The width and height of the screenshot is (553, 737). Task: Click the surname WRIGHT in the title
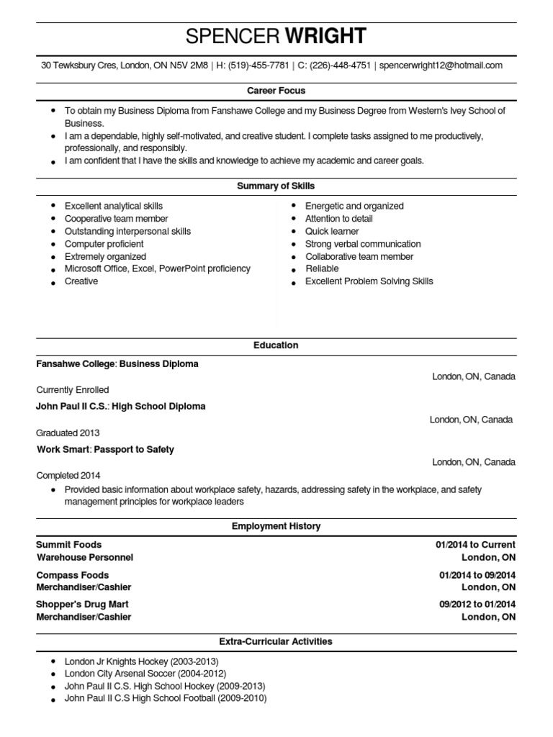(x=326, y=36)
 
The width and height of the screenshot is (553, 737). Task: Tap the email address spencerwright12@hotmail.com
(x=441, y=65)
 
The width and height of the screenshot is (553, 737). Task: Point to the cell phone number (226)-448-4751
(x=341, y=65)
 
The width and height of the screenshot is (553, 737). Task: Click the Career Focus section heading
(x=276, y=91)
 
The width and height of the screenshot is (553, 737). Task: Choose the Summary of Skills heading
(x=276, y=186)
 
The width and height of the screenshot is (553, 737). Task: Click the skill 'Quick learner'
(x=332, y=231)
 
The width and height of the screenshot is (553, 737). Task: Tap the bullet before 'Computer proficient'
(x=54, y=244)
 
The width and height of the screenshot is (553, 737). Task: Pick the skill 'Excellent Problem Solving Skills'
(x=369, y=281)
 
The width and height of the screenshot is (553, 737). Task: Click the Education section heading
(x=276, y=345)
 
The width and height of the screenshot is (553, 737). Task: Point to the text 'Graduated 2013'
(x=68, y=433)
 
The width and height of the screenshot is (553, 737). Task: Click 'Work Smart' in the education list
(x=61, y=450)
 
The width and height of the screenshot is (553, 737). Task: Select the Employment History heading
(x=276, y=527)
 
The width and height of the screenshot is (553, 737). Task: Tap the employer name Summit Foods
(x=69, y=545)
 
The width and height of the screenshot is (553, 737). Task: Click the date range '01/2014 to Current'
(x=475, y=545)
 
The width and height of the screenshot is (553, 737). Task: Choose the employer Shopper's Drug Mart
(x=82, y=605)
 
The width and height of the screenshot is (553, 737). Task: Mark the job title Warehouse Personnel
(x=85, y=557)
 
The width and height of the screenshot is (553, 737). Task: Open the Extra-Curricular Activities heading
(x=276, y=641)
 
